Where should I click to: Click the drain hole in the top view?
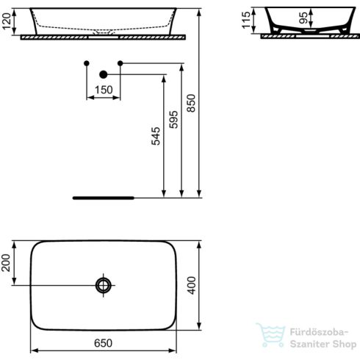point(104,284)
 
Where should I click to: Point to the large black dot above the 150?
point(104,73)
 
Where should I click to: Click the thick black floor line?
point(104,198)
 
